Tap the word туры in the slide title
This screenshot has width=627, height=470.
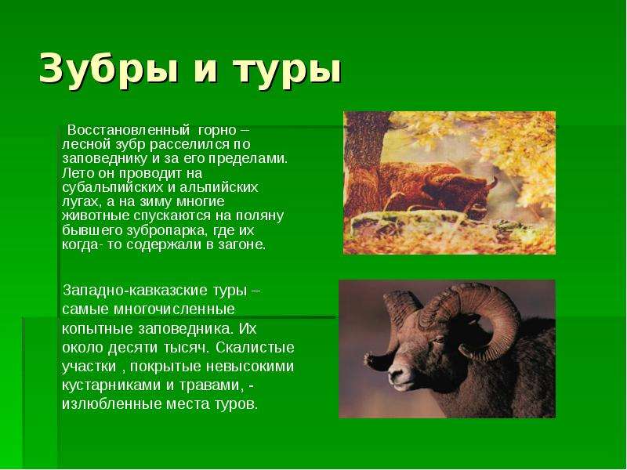tap(287, 70)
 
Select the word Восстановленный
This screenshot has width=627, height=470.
tap(128, 130)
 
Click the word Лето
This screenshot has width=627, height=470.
tap(74, 173)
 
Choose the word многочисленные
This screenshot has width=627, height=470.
tap(174, 309)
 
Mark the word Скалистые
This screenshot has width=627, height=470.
tap(256, 347)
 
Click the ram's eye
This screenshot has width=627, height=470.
tap(439, 340)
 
